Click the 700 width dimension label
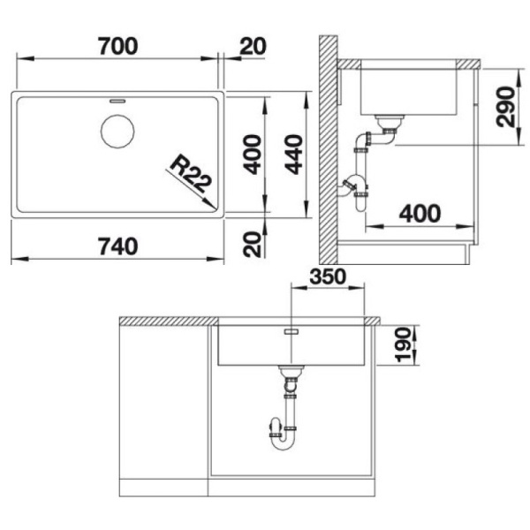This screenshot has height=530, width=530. click(117, 47)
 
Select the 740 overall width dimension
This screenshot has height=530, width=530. click(117, 246)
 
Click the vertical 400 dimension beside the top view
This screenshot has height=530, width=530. click(253, 155)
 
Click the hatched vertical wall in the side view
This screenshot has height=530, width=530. click(330, 141)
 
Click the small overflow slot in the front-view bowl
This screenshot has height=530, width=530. click(291, 331)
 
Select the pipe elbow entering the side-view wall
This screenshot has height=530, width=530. click(350, 186)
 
